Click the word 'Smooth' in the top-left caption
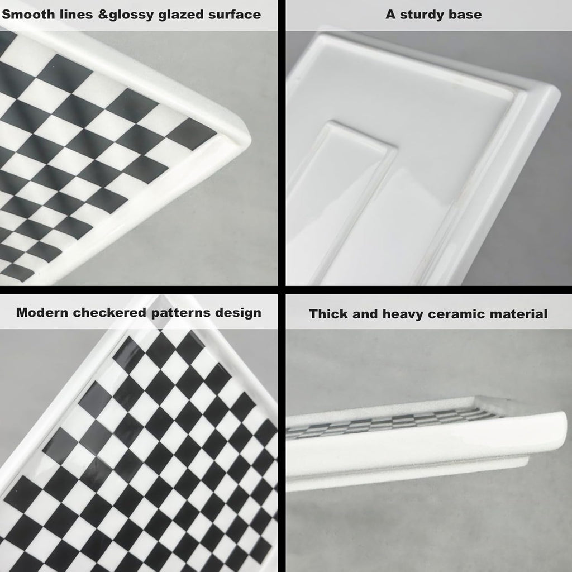point(25,15)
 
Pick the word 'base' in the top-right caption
point(466,15)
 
